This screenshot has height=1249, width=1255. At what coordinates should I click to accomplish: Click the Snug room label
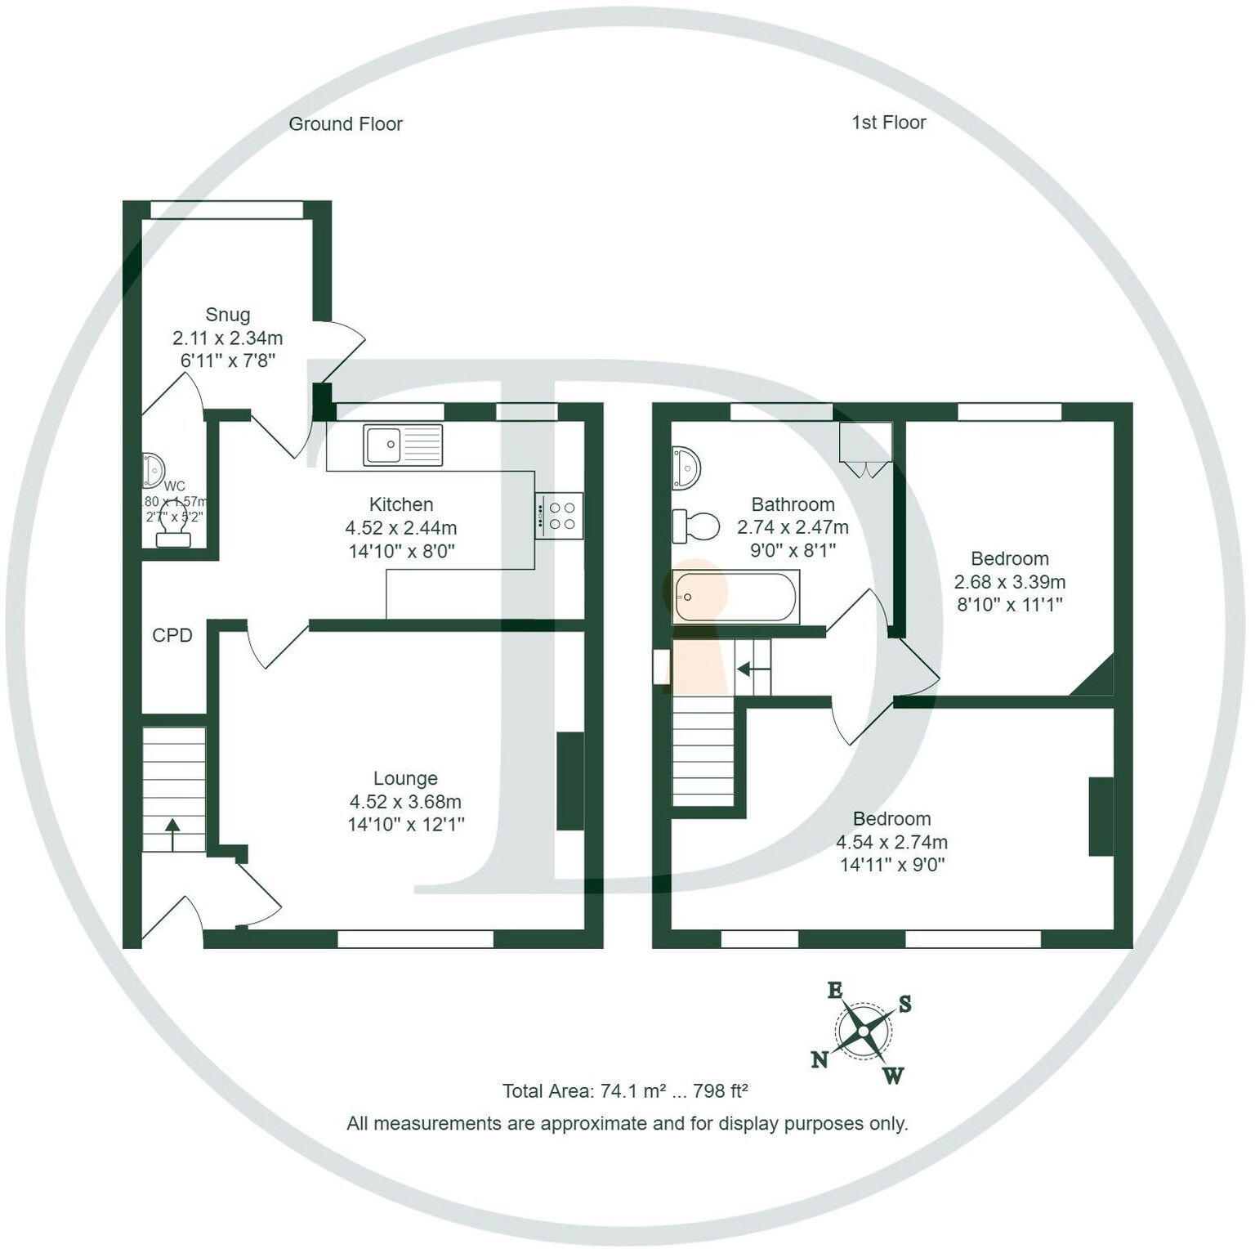[227, 315]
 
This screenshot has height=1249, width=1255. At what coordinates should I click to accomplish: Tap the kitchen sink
[404, 445]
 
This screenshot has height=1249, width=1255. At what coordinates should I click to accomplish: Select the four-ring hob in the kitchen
[560, 516]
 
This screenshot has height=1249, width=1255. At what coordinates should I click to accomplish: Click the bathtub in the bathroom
[735, 597]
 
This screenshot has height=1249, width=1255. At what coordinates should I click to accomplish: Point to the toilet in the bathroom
[694, 526]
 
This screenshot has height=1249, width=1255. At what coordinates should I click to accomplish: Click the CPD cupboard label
[172, 635]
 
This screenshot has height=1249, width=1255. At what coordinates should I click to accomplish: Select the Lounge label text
[405, 778]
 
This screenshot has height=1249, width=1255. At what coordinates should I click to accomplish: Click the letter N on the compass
[820, 1060]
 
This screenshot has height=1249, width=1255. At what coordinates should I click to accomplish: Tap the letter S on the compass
[905, 1005]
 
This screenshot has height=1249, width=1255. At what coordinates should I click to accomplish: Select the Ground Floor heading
[346, 124]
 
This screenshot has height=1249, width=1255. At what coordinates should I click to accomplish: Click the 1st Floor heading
[888, 123]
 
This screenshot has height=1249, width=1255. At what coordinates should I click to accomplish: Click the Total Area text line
[625, 1091]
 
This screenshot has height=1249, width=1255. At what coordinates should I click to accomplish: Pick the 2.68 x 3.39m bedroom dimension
[1009, 582]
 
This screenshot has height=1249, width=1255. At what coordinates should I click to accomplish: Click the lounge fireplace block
[570, 781]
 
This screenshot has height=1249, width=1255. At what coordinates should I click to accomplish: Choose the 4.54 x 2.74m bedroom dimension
[891, 842]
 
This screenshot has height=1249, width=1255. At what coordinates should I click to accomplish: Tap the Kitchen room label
[401, 504]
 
